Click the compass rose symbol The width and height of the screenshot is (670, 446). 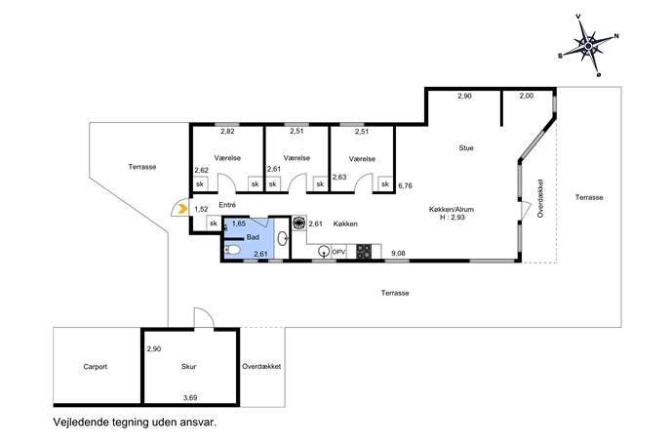point(590,45)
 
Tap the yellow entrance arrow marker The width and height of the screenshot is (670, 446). point(182,209)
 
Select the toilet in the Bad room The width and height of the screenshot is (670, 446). point(232,249)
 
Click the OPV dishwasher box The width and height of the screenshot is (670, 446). point(338,253)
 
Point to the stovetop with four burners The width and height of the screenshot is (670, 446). point(364,252)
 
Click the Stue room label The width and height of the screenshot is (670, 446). point(466,148)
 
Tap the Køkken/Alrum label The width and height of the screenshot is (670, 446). point(452,209)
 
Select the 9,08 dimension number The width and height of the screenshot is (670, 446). point(398,253)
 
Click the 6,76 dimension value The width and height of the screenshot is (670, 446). point(405,186)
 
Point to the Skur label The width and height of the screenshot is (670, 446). point(189,367)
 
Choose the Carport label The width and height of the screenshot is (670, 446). point(96,367)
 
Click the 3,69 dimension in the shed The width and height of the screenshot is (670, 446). point(190,397)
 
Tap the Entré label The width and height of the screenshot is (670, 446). point(227,205)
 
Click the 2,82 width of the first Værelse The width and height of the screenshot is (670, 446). point(227,132)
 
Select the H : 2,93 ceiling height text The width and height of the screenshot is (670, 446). point(453,217)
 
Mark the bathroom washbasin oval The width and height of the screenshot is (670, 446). point(282,238)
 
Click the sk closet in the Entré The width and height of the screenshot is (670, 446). point(214,223)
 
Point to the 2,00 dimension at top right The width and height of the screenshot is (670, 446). point(527,96)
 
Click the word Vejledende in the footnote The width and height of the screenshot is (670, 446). point(80,423)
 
